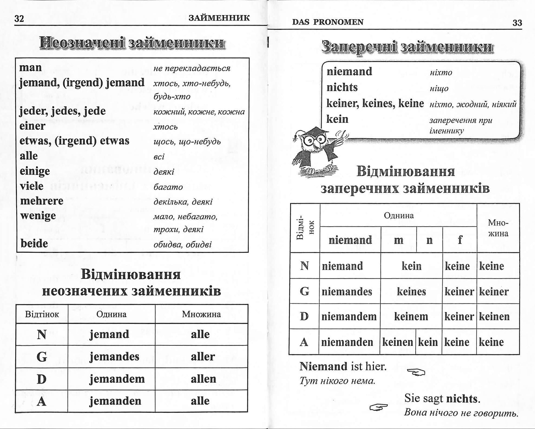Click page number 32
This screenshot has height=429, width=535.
point(19,19)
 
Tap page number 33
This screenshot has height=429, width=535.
point(517,23)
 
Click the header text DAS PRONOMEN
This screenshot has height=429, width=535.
point(328,22)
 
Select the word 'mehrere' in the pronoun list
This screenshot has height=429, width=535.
point(42,201)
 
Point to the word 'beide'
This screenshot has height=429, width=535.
point(34,243)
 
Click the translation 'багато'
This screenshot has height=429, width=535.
point(168,187)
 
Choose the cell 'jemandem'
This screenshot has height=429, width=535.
point(117,379)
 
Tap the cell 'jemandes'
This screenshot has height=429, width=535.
point(114,357)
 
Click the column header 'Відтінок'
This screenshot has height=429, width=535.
point(42,314)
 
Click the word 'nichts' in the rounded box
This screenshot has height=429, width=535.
point(342,87)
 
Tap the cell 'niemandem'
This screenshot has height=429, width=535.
point(349,317)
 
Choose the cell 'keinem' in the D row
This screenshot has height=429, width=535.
point(411,317)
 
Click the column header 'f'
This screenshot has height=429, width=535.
point(460,240)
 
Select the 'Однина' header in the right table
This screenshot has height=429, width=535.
point(399,215)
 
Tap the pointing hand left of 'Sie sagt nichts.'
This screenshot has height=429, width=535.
point(379,407)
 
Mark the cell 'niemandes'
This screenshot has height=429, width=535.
point(347,291)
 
